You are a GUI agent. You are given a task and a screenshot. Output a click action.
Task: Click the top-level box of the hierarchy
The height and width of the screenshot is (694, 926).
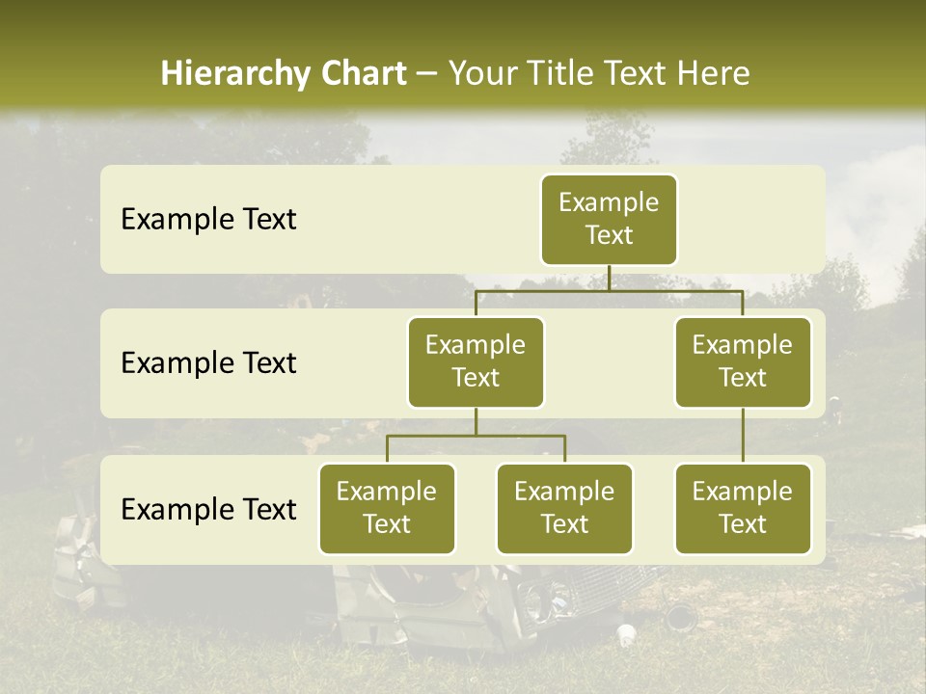click(609, 219)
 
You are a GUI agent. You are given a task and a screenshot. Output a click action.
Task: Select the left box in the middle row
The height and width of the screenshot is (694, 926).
click(476, 361)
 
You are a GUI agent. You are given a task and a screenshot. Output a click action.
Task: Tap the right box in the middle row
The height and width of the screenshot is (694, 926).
click(743, 361)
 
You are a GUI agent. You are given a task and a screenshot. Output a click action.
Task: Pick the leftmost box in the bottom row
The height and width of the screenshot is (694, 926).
click(387, 508)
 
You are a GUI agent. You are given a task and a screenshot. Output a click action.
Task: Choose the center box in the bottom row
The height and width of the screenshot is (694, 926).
click(564, 508)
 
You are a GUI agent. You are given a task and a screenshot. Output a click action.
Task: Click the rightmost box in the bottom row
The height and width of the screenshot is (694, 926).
click(743, 508)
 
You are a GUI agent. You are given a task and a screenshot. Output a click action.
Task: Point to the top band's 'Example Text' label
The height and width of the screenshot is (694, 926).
click(208, 219)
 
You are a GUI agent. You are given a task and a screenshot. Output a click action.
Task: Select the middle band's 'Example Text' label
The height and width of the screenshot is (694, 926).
click(208, 362)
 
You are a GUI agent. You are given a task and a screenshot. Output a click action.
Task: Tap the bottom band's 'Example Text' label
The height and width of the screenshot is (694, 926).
click(208, 509)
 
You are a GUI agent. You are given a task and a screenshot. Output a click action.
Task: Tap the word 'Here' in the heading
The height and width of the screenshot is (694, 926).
click(713, 73)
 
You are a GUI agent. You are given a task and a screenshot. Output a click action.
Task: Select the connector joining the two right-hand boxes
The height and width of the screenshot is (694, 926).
click(743, 436)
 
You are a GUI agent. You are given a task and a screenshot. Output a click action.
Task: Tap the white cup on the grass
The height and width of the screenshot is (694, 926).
click(626, 633)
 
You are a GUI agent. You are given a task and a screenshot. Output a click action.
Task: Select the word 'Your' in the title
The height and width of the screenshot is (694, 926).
click(481, 73)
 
